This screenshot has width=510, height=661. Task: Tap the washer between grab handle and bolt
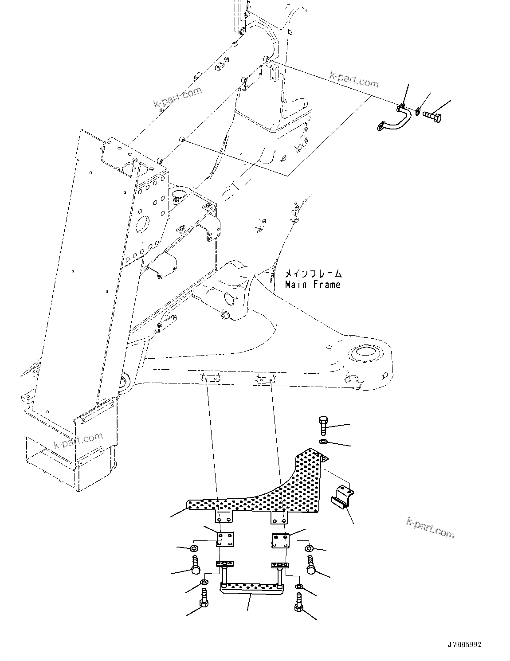pyautogui.click(x=418, y=110)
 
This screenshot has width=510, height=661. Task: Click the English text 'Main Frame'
pyautogui.click(x=313, y=285)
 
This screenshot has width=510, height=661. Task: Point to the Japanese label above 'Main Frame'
pyautogui.click(x=313, y=274)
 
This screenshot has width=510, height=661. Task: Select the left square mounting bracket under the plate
pyautogui.click(x=226, y=539)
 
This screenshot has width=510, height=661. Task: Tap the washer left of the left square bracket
pyautogui.click(x=194, y=549)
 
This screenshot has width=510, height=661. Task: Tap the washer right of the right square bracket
pyautogui.click(x=309, y=548)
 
